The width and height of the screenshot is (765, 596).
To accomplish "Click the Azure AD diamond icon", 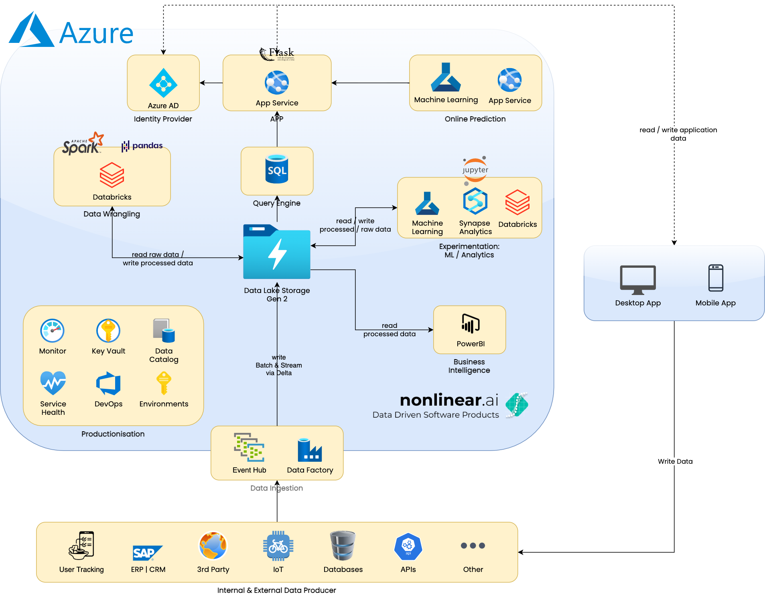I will tap(163, 83).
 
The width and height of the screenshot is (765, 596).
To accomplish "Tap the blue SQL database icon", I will tap(277, 169).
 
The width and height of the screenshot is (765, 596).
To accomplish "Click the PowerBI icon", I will tap(471, 324).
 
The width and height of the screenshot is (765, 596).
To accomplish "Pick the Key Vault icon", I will tap(108, 331).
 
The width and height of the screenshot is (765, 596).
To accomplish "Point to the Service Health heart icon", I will tap(53, 383).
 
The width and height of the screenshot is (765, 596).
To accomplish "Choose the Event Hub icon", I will tap(249, 447).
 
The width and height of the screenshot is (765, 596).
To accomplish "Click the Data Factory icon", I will tap(310, 450).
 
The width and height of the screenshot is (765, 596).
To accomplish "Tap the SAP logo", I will tap(147, 553).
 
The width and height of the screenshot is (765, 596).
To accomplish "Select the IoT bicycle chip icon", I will tap(278, 545).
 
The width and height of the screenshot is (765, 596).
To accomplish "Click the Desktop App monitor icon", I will tap(638, 280).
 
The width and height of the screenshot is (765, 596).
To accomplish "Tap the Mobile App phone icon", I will tap(716, 278).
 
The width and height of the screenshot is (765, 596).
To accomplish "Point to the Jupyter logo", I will tap(475, 170).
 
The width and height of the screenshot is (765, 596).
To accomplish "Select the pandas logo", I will tap(142, 145).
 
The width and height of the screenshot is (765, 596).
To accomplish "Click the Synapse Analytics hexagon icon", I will tap(475, 201).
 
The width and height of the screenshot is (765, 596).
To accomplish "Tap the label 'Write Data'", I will tap(675, 461).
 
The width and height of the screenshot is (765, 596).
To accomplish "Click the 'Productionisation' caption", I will tap(113, 434).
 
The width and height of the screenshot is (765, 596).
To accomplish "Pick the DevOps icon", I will tap(108, 384).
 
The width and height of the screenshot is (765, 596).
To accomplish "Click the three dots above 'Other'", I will tap(473, 545).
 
